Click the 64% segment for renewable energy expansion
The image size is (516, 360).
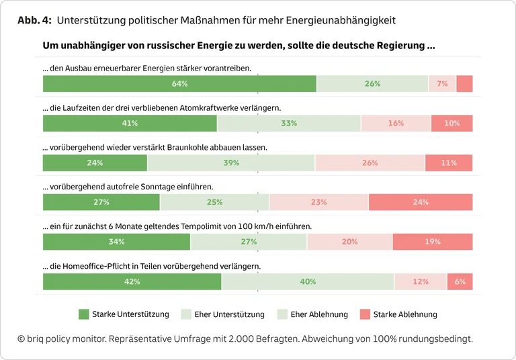[179, 84]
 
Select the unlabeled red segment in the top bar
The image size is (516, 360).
[464, 84]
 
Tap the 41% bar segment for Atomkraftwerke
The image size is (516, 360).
[130, 124]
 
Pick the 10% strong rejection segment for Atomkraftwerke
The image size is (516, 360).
[451, 124]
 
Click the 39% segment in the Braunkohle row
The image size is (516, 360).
[231, 163]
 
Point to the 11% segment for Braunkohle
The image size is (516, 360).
[449, 163]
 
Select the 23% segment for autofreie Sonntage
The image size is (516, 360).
[318, 202]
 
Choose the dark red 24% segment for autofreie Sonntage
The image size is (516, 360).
[421, 202]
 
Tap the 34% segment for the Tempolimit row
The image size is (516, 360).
[116, 242]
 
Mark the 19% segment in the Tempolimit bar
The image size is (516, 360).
[433, 242]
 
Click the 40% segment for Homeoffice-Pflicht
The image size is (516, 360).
[308, 281]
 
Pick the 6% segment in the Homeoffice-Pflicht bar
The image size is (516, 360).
[460, 281]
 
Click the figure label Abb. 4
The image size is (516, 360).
[34, 21]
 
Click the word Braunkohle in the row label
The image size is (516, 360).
[183, 147]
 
